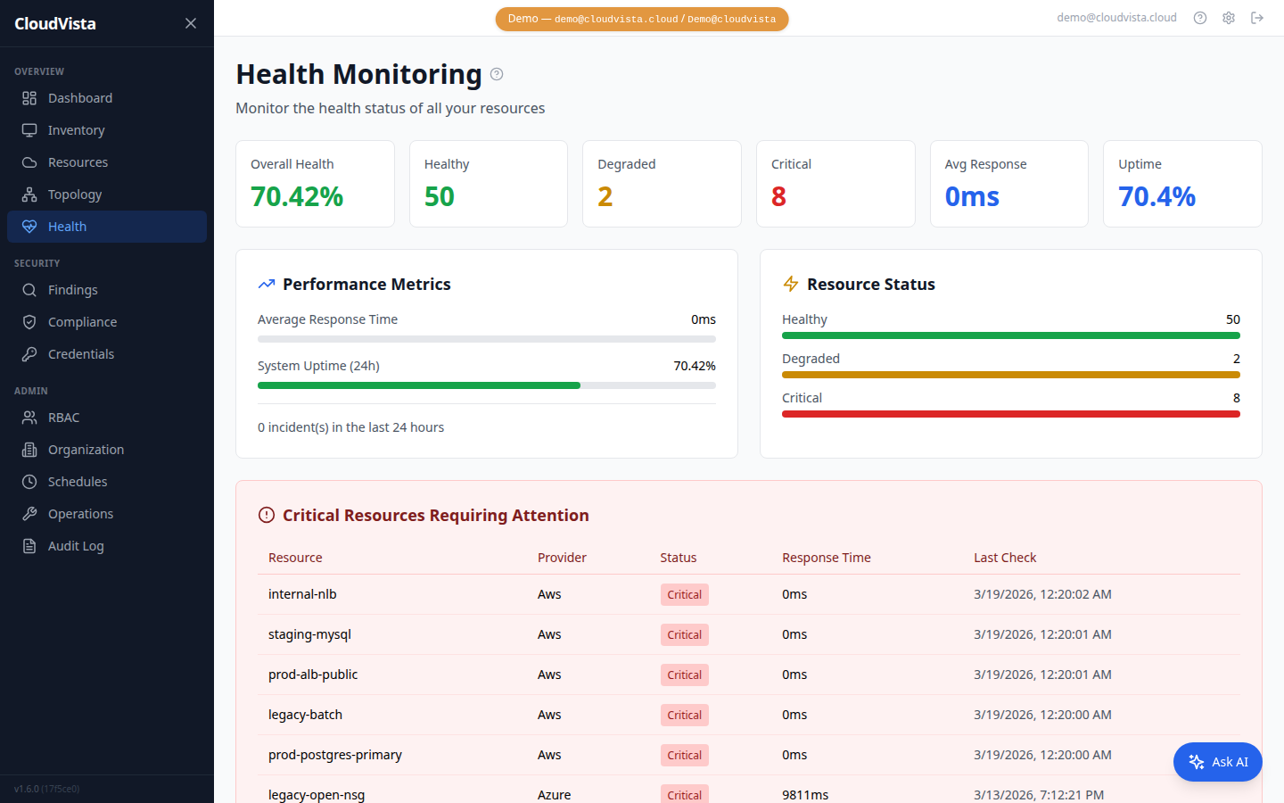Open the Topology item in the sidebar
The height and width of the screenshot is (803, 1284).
pos(75,195)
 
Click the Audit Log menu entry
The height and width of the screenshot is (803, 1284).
pos(76,546)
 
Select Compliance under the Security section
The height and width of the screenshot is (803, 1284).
pos(82,322)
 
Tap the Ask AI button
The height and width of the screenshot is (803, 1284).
pos(1217,762)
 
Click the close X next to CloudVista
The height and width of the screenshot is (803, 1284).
pos(191,23)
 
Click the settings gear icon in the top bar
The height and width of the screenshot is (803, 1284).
pos(1229,18)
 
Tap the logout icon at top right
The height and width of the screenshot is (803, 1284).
pos(1257,18)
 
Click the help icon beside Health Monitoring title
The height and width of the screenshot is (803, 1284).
pos(497,74)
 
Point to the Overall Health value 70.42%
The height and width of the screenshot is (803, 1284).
pos(297,196)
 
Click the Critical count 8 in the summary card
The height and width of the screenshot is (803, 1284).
pos(778,196)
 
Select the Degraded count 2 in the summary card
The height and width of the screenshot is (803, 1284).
pos(605,196)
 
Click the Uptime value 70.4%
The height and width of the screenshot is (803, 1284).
pos(1156,196)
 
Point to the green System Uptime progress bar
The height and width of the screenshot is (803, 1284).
pos(419,385)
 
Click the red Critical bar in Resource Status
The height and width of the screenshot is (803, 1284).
pos(1010,414)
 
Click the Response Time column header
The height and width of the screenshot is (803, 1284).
pos(826,558)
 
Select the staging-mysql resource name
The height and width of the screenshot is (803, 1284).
pos(309,634)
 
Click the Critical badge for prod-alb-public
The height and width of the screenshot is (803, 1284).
pos(684,675)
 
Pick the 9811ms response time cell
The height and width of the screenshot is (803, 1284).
pos(805,794)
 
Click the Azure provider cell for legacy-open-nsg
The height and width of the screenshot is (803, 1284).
pos(554,794)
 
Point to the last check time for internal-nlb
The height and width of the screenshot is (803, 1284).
pos(1042,594)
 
